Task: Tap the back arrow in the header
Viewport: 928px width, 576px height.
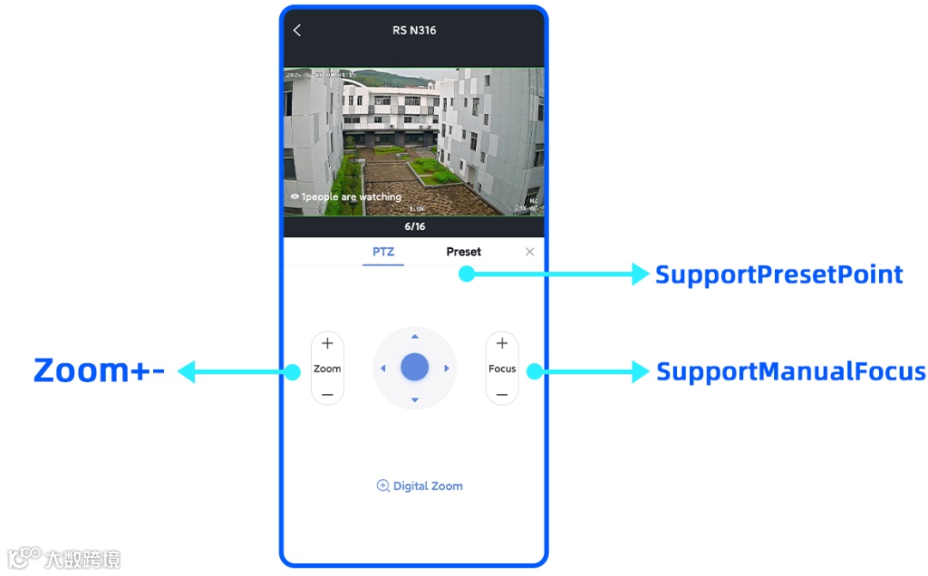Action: click(x=297, y=31)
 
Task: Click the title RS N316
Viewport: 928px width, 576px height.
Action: click(x=414, y=30)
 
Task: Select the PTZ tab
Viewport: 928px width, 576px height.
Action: click(x=383, y=252)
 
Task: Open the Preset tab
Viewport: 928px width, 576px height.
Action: click(x=463, y=252)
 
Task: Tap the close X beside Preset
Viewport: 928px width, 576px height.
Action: click(x=529, y=252)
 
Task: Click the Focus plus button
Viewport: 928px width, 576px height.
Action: click(x=502, y=343)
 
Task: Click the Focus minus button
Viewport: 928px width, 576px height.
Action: click(x=502, y=395)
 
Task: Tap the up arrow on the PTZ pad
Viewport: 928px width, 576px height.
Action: click(x=415, y=337)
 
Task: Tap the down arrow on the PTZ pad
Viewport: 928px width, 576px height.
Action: click(x=415, y=400)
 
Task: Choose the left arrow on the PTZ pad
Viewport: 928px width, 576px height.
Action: click(x=383, y=368)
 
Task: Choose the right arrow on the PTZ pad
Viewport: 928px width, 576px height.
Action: click(x=447, y=368)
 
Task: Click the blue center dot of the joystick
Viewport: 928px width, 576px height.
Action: click(x=415, y=367)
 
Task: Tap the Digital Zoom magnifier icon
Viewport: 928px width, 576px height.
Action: click(x=383, y=486)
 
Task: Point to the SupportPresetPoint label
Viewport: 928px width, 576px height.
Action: click(x=778, y=275)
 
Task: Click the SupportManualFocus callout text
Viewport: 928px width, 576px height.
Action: click(x=791, y=372)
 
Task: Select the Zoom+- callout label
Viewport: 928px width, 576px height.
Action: click(x=99, y=371)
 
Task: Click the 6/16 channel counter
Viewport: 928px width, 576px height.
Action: click(x=414, y=227)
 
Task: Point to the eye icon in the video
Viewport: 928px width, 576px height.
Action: click(x=295, y=197)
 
